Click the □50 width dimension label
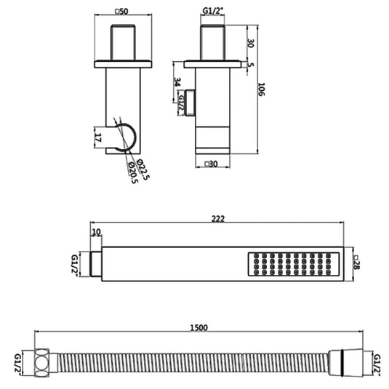coord(122,12)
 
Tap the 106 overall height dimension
coord(262,89)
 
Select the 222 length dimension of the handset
coord(218,219)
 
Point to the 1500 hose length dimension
coord(199,327)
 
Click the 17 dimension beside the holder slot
coord(98,137)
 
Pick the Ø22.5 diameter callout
coord(143,169)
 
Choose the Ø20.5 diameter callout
coord(133,172)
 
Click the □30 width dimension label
coord(211,164)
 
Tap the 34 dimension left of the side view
coord(177,82)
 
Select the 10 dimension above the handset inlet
coord(96,232)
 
